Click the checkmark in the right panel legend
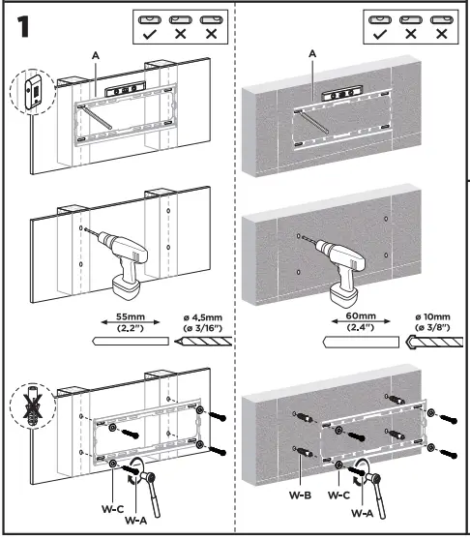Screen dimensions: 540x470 [379, 33]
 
